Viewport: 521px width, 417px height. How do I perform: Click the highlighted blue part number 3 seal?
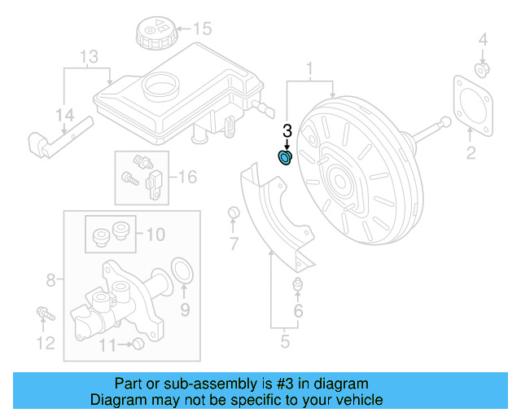click(286, 156)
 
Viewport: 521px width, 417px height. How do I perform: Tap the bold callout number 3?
click(287, 130)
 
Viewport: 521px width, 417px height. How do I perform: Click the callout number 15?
click(201, 29)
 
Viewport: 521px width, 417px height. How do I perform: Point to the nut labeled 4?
click(482, 69)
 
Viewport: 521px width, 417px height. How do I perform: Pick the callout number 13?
click(89, 56)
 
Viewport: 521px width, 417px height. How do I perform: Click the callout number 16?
click(187, 176)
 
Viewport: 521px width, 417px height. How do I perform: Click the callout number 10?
click(154, 235)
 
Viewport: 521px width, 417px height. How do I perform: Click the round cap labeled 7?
click(233, 213)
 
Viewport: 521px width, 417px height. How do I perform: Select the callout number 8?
click(50, 281)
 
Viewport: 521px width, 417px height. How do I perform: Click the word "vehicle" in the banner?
click(358, 400)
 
